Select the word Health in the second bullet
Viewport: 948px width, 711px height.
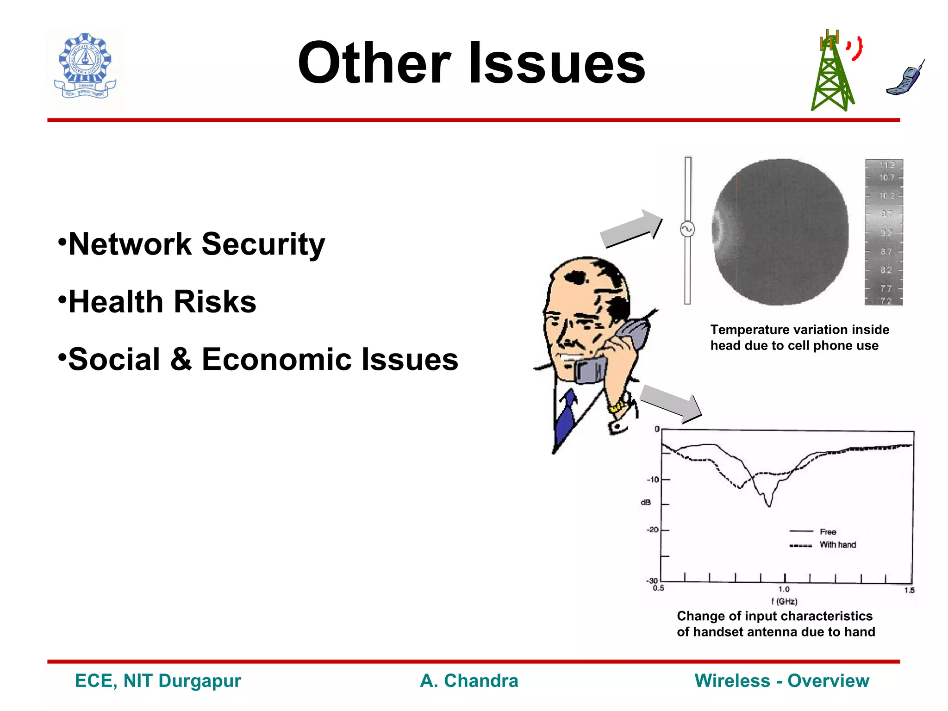click(x=116, y=302)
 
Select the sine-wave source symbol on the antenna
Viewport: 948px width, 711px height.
click(x=687, y=229)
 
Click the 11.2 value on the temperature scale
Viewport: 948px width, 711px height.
click(x=887, y=165)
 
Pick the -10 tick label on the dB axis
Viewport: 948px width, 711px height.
click(x=653, y=480)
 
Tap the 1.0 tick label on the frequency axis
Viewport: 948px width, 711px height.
click(x=784, y=589)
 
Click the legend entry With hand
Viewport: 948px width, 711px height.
click(x=837, y=545)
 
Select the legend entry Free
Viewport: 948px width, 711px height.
click(x=828, y=532)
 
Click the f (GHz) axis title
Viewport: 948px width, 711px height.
click(x=784, y=601)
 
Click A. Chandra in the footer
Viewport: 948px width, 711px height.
click(x=469, y=681)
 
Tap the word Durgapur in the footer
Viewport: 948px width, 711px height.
click(x=200, y=681)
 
